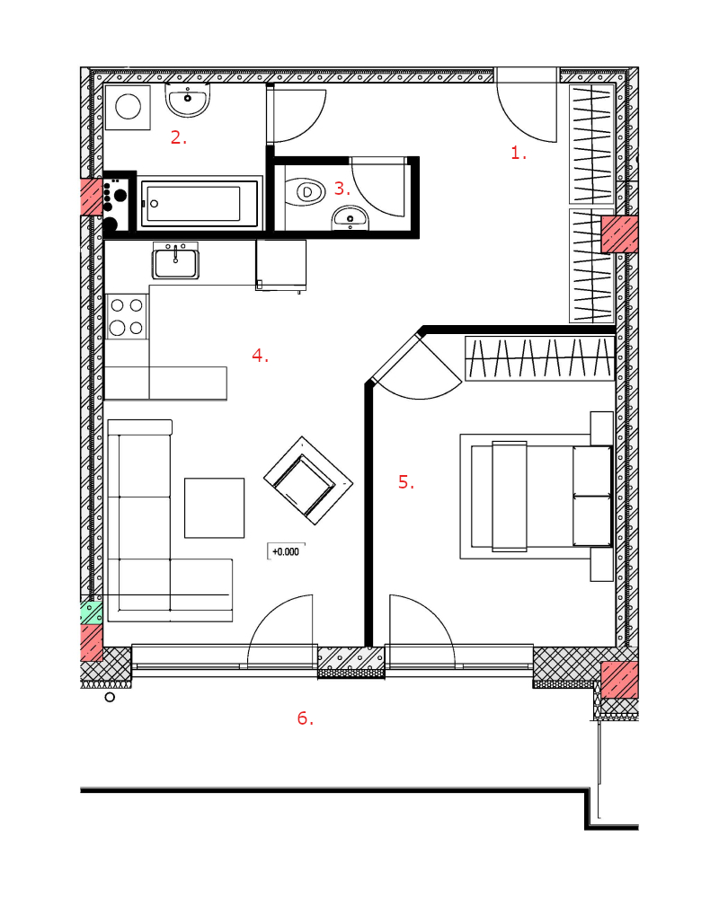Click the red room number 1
(519, 153)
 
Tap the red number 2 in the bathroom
(178, 137)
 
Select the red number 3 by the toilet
(342, 189)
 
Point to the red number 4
(260, 356)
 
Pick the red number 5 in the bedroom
(406, 482)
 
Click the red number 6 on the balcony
(305, 718)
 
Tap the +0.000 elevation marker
(286, 551)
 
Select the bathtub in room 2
(200, 203)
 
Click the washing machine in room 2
(128, 107)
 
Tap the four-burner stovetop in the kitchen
(127, 317)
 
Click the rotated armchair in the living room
(308, 480)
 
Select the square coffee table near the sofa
(215, 508)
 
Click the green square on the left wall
(91, 612)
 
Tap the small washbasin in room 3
(351, 218)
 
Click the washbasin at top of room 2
(188, 99)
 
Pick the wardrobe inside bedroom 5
(539, 358)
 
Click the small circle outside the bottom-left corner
(110, 697)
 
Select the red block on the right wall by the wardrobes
(619, 233)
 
